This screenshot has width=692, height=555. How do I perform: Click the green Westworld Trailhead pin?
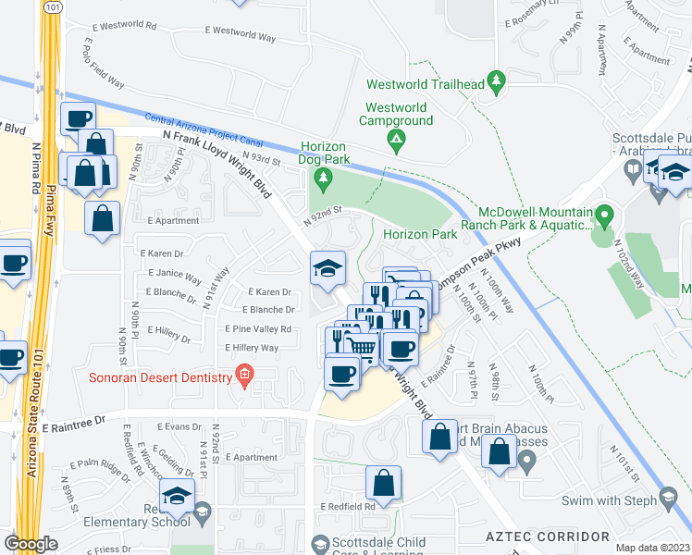click(x=497, y=84)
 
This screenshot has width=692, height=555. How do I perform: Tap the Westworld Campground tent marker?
click(x=397, y=142)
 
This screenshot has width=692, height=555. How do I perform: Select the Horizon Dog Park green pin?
click(x=323, y=176)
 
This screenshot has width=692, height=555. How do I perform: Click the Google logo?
click(x=31, y=543)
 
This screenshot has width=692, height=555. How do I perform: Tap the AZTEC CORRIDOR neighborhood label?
click(x=548, y=536)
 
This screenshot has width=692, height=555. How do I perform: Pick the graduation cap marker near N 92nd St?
click(x=327, y=269)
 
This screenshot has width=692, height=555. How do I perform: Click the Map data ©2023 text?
click(x=651, y=547)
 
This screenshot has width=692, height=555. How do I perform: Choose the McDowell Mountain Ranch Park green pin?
click(x=605, y=218)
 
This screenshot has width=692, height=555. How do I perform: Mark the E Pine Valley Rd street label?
click(x=258, y=329)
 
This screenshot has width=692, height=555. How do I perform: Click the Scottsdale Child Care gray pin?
click(x=321, y=542)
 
